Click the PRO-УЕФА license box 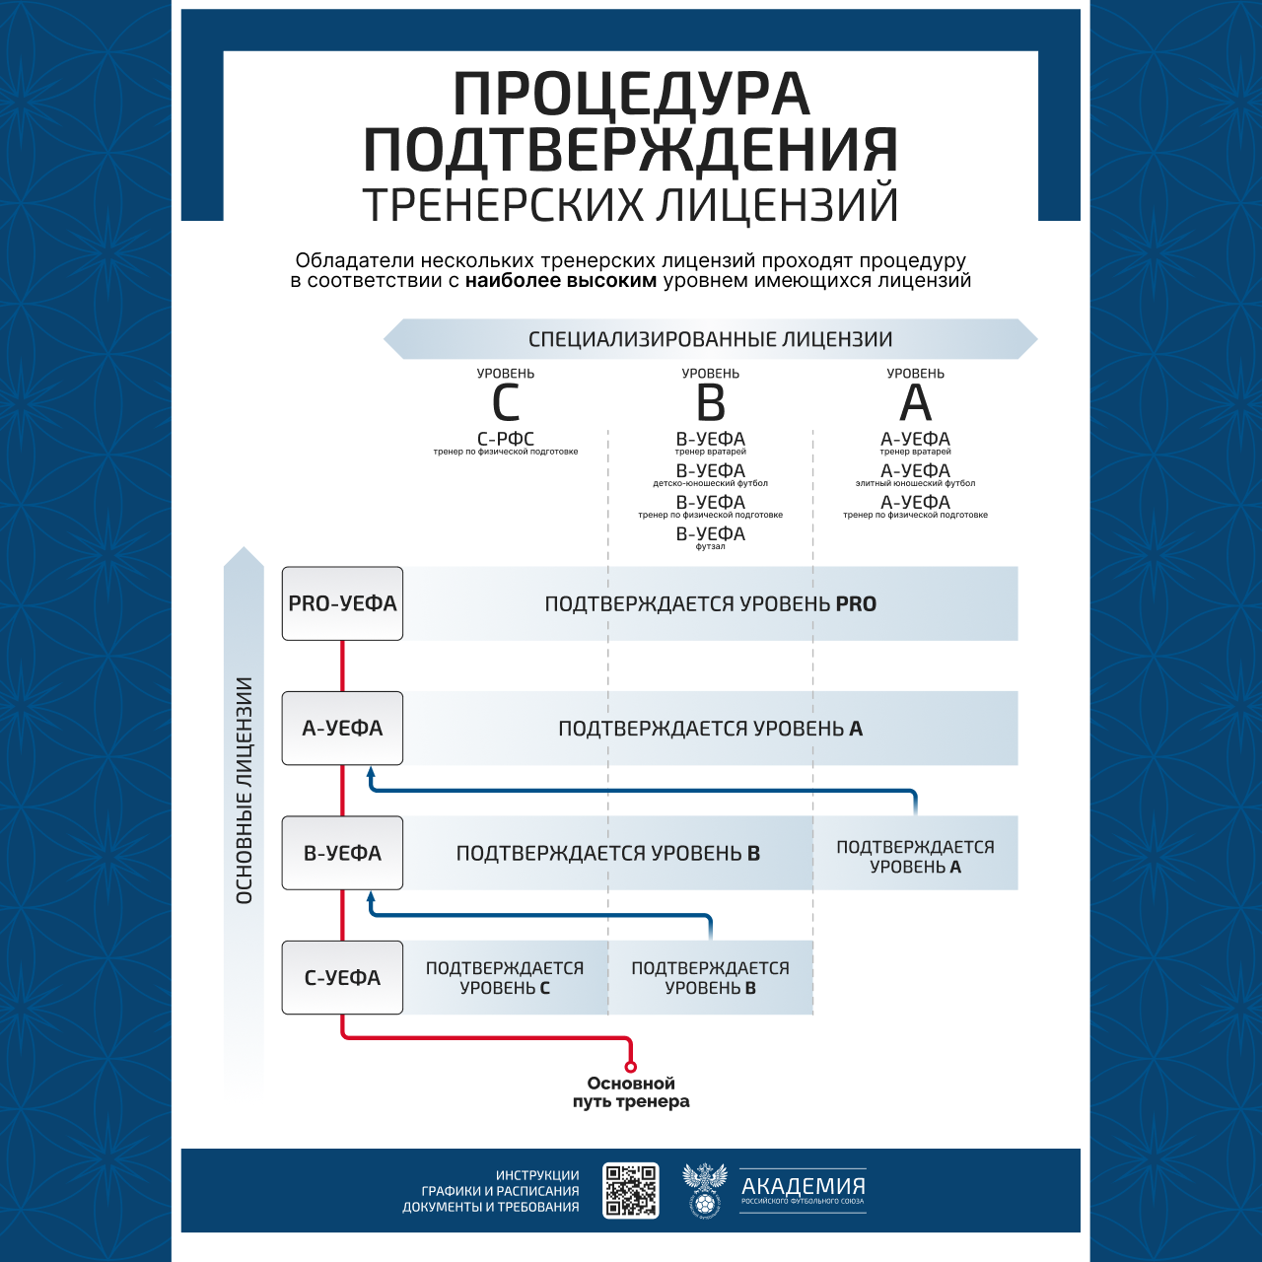(x=342, y=603)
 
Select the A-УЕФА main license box (x=342, y=729)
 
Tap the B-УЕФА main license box (x=342, y=853)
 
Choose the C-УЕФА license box (x=342, y=978)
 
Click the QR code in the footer (x=631, y=1190)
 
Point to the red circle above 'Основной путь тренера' (x=631, y=1067)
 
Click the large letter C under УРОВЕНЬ (x=506, y=403)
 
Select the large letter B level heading (x=711, y=403)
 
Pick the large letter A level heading (x=915, y=403)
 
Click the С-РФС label (x=506, y=439)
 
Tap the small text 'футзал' (x=711, y=547)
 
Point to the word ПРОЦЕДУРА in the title (x=631, y=95)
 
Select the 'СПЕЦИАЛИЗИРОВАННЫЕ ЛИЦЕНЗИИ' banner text (x=711, y=339)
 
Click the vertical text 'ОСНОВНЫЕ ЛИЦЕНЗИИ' (x=245, y=790)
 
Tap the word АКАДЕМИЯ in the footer (x=804, y=1185)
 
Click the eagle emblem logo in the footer (x=704, y=1190)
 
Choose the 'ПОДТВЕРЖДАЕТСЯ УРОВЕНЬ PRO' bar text (x=711, y=603)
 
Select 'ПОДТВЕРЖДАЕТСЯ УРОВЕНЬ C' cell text (x=505, y=978)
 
